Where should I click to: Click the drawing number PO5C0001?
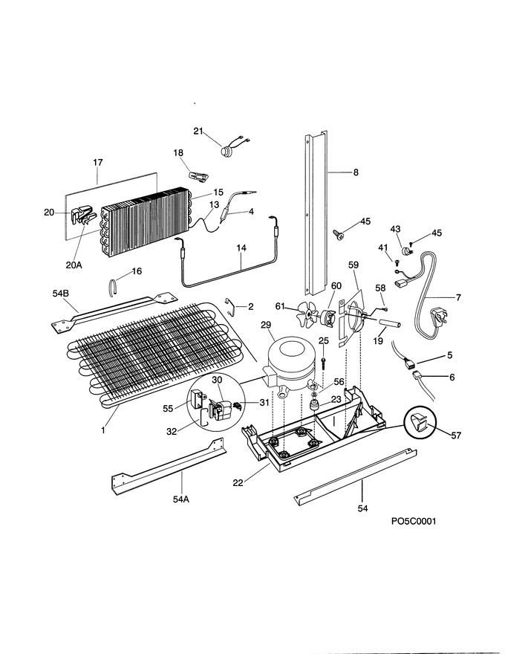click(414, 521)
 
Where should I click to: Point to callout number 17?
click(98, 162)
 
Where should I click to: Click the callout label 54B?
click(60, 294)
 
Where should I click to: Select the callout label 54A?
click(181, 499)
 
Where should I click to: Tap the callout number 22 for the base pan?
click(238, 482)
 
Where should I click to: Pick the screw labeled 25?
click(323, 360)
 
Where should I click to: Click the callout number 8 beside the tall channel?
click(356, 172)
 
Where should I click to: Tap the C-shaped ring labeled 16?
click(111, 288)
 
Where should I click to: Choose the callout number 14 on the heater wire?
click(241, 247)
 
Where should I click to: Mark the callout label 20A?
click(74, 265)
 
